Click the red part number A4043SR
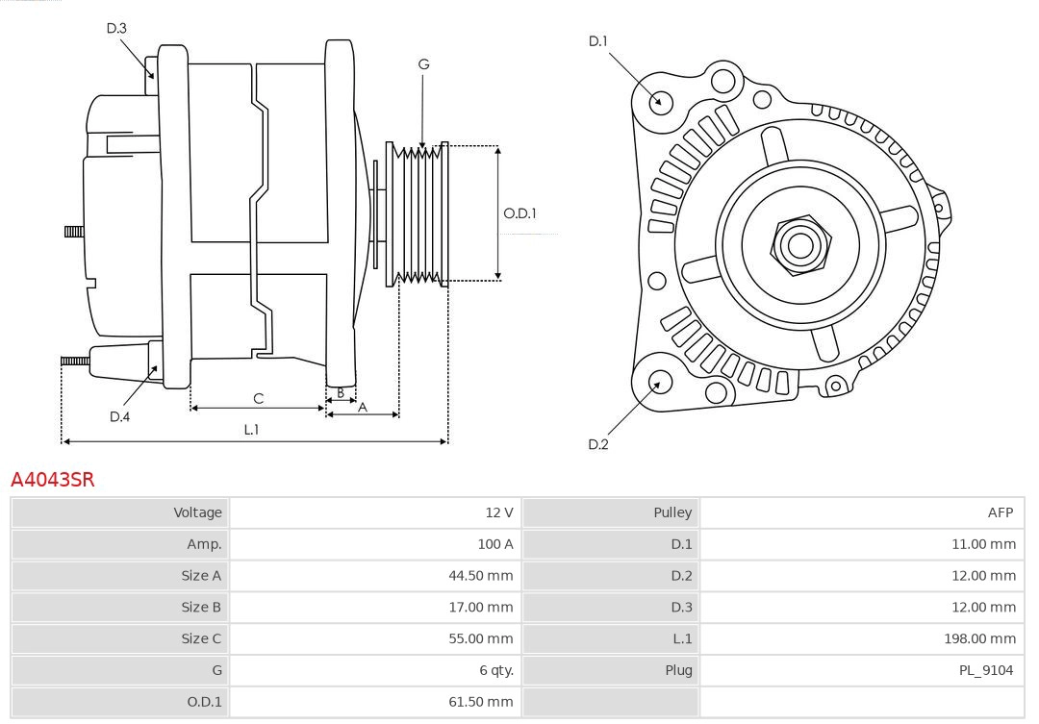tap(53, 479)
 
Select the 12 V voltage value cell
tap(498, 512)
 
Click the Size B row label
tap(201, 607)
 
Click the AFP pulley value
tap(1000, 512)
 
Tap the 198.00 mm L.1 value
tap(979, 638)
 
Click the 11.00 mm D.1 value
tap(983, 544)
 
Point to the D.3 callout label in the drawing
tap(116, 28)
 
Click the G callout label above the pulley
tap(423, 64)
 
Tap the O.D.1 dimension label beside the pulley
tap(519, 213)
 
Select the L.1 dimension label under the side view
tap(251, 430)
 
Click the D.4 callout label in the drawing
tap(119, 416)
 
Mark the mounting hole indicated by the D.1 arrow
tap(661, 101)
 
